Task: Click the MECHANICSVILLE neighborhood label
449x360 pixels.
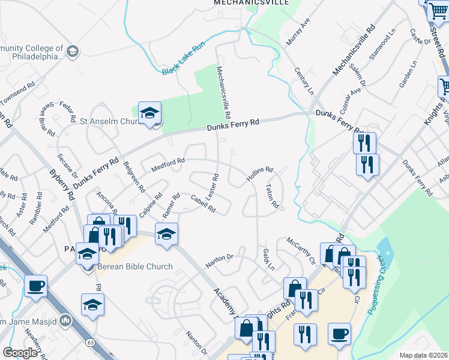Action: click(x=252, y=3)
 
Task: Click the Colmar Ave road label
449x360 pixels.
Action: click(x=352, y=97)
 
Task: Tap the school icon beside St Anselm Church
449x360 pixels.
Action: click(x=149, y=113)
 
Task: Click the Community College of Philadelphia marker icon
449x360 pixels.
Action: click(x=73, y=51)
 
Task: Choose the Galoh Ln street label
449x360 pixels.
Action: click(x=268, y=259)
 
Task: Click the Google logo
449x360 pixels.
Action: click(x=20, y=353)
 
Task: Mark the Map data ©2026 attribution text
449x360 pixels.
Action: click(x=423, y=355)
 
